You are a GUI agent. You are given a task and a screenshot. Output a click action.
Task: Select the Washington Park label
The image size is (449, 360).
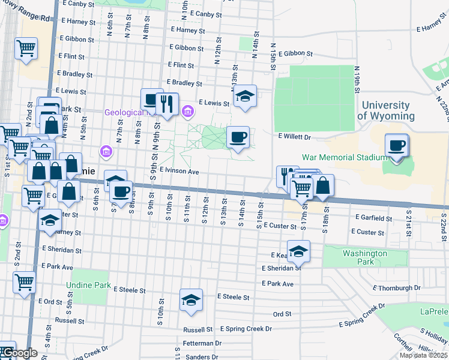365,257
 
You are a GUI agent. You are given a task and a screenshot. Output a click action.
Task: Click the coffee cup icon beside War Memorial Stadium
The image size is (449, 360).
396,146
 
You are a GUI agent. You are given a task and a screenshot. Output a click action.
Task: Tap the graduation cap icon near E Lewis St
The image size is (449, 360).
244,96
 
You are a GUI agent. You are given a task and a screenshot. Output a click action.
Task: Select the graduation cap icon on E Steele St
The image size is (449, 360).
191,299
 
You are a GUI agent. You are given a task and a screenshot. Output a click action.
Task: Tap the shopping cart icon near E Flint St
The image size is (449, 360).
26,48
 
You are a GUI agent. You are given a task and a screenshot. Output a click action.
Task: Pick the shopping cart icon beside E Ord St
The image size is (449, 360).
24,281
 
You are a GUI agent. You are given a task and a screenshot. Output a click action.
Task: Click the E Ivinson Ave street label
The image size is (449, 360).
179,172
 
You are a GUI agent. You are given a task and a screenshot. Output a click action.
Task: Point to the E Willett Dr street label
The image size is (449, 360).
294,137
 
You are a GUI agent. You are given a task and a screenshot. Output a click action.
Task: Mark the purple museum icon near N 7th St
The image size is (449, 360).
106,151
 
